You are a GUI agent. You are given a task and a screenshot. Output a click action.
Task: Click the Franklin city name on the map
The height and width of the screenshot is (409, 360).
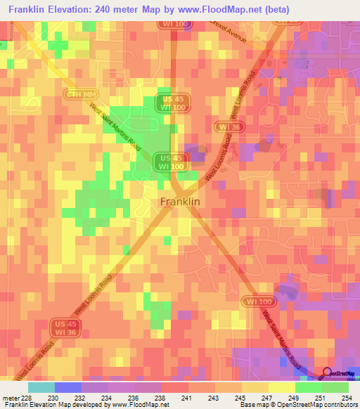click(181, 202)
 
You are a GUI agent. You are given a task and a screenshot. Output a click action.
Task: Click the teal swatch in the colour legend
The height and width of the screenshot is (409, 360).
click(41, 387)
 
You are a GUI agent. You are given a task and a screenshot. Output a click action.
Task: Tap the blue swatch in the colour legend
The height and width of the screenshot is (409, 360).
click(67, 387)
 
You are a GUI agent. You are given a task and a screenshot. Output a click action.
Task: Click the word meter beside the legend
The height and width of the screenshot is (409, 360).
click(10, 398)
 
